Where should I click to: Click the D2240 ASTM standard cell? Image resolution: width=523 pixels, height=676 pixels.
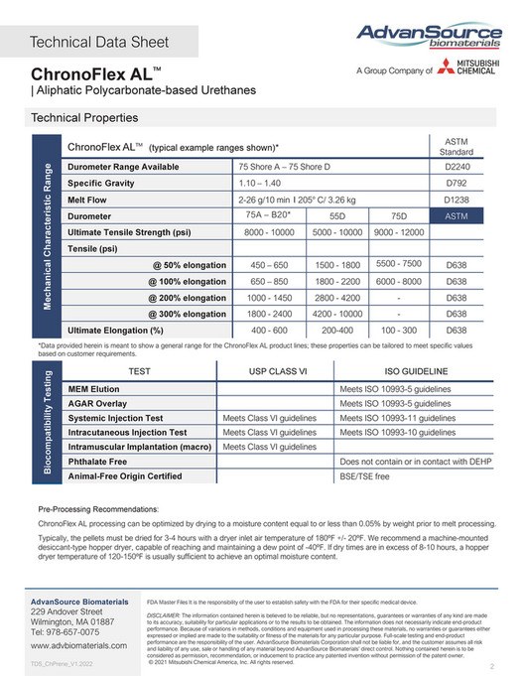(457, 167)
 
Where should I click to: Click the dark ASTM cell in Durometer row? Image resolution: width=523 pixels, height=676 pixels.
(457, 215)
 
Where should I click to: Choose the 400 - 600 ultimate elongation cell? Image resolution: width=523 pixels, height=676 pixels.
(268, 330)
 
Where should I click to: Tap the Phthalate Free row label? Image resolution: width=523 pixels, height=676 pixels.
(97, 462)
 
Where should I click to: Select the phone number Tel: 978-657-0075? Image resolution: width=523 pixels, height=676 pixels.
(70, 631)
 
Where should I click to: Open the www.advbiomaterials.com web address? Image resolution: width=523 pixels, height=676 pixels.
(79, 645)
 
